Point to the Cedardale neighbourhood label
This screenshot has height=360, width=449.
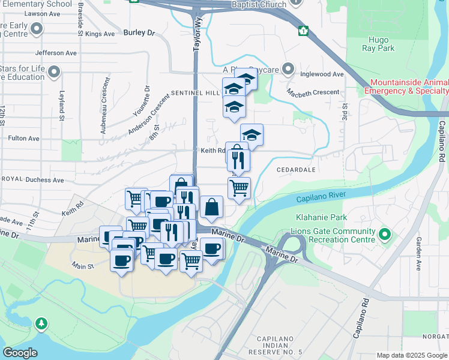pyautogui.click(x=296, y=170)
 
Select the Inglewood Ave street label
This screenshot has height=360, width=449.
pyautogui.click(x=323, y=74)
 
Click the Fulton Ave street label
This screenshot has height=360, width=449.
pyautogui.click(x=23, y=138)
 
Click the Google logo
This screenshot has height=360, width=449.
pyautogui.click(x=20, y=352)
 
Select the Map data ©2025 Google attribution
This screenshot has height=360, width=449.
pyautogui.click(x=412, y=355)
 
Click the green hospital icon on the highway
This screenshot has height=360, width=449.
pyautogui.click(x=304, y=30)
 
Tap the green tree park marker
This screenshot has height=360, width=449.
pyautogui.click(x=41, y=324)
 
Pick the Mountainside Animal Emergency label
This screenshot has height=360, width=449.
pyautogui.click(x=409, y=86)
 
